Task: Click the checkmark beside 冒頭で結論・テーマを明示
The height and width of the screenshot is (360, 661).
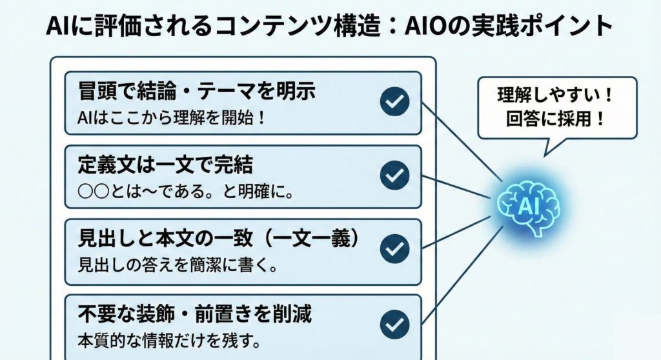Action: point(394,102)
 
